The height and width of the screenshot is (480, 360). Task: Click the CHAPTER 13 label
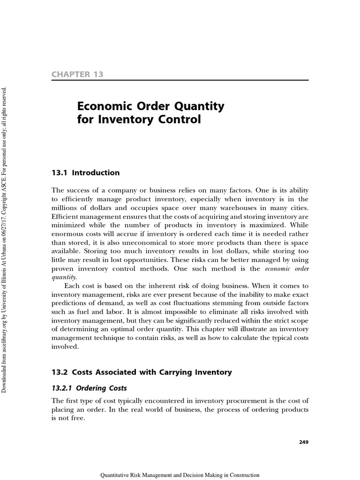pyautogui.click(x=77, y=75)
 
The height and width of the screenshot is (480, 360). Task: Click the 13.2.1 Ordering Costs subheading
pyautogui.click(x=89, y=389)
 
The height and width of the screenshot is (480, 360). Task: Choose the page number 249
pyautogui.click(x=303, y=442)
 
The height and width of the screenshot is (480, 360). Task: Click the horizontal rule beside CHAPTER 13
pyautogui.click(x=206, y=80)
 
